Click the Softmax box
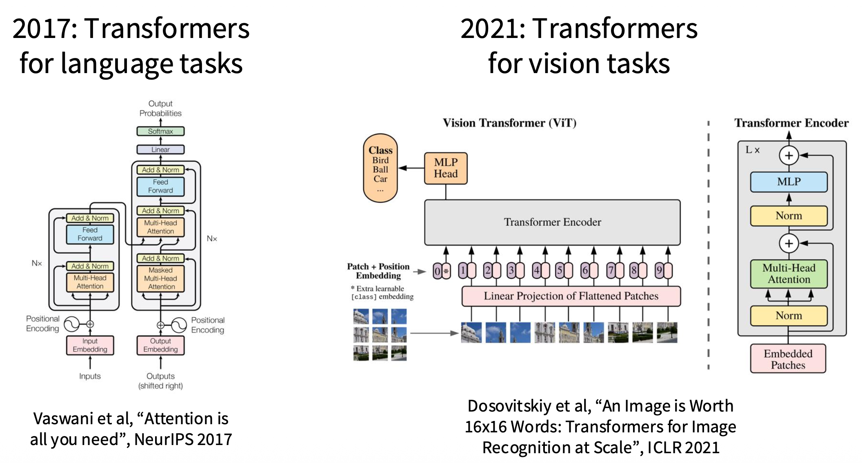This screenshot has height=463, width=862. [160, 131]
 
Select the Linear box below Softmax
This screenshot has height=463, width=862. [160, 149]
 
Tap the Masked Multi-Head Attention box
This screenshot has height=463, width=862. [160, 278]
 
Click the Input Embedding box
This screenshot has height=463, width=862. [90, 345]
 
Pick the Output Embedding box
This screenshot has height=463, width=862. [160, 345]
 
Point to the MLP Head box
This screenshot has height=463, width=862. [446, 168]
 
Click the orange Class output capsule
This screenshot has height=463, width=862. [380, 168]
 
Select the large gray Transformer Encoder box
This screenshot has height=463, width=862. [552, 222]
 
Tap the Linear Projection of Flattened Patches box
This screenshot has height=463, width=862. [571, 296]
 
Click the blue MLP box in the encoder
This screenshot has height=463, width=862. [789, 182]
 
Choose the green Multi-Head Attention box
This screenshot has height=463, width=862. [789, 274]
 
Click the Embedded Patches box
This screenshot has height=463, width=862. [788, 359]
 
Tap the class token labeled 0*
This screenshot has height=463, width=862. [442, 271]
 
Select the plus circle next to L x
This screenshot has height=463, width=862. [789, 156]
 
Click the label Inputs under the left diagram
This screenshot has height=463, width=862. [90, 376]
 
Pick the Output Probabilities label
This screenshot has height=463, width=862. [160, 109]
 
